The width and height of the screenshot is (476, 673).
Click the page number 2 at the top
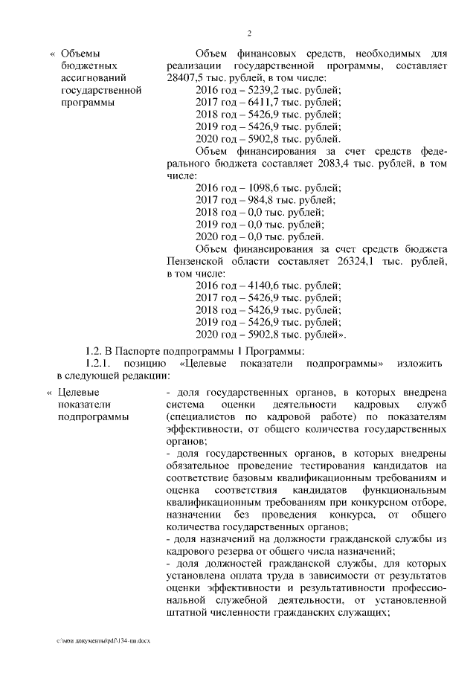[249, 33]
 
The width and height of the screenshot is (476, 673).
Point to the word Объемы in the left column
[80, 54]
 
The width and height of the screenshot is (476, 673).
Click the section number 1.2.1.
[101, 363]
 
